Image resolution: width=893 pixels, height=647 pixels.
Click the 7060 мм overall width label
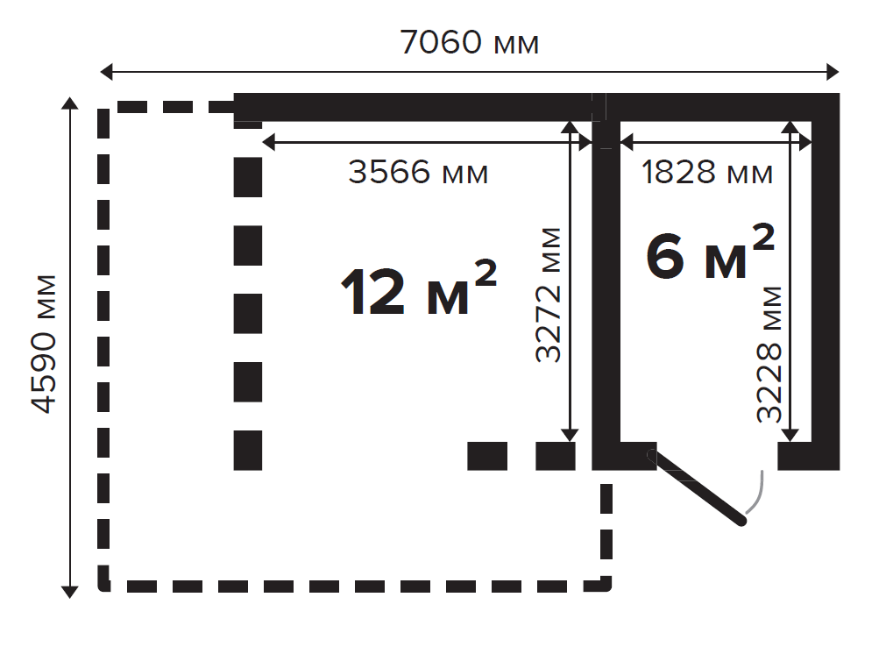[x=469, y=43]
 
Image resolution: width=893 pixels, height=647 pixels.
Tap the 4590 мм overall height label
[x=44, y=344]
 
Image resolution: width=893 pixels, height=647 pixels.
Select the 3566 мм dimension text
[x=418, y=172]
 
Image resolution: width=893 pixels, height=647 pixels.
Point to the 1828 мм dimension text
[x=707, y=172]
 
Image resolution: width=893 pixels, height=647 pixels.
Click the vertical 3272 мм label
[x=549, y=295]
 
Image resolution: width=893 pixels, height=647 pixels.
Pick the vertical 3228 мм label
[x=769, y=354]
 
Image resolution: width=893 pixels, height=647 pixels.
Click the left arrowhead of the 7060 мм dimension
[x=107, y=72]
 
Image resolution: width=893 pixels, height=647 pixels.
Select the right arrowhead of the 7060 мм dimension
[x=833, y=72]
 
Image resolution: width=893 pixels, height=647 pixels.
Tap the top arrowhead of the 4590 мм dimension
[x=69, y=103]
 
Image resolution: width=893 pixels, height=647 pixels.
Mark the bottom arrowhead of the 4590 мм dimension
[x=69, y=592]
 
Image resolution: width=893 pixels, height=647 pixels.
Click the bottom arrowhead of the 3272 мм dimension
[x=570, y=435]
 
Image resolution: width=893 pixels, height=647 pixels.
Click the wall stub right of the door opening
[x=795, y=456]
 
